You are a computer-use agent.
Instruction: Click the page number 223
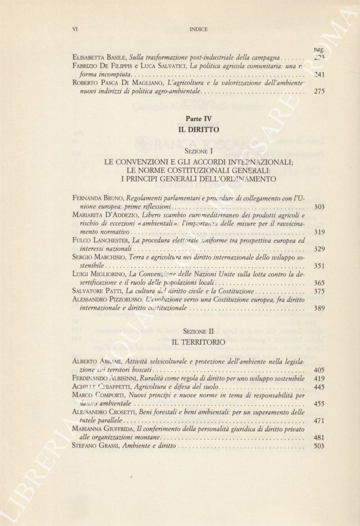[319, 58]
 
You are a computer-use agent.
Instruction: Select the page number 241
[319, 75]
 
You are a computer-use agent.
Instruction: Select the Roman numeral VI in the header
[75, 29]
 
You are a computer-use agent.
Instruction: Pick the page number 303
[319, 207]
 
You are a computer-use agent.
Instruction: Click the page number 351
[319, 266]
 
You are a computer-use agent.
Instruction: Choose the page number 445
[319, 388]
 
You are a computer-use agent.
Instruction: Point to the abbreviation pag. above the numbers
[318, 50]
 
